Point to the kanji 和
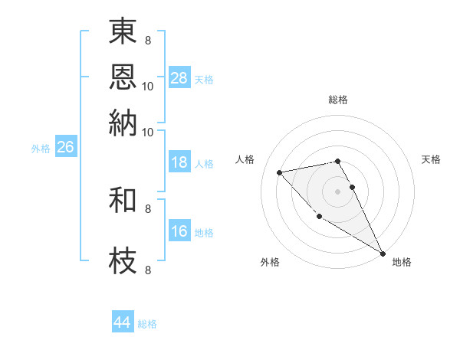click(x=123, y=201)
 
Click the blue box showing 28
click(x=179, y=78)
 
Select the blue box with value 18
click(x=179, y=162)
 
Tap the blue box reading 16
click(x=179, y=232)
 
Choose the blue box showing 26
click(x=65, y=148)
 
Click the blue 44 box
click(x=123, y=322)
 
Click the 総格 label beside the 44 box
click(x=147, y=324)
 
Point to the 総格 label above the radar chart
click(x=338, y=100)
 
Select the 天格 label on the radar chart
click(x=431, y=159)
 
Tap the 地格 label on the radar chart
click(x=402, y=262)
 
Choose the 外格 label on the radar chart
click(x=270, y=262)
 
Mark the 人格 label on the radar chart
click(x=245, y=159)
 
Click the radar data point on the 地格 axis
click(x=383, y=254)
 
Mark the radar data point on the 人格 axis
click(x=279, y=172)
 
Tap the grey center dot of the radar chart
click(x=337, y=191)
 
